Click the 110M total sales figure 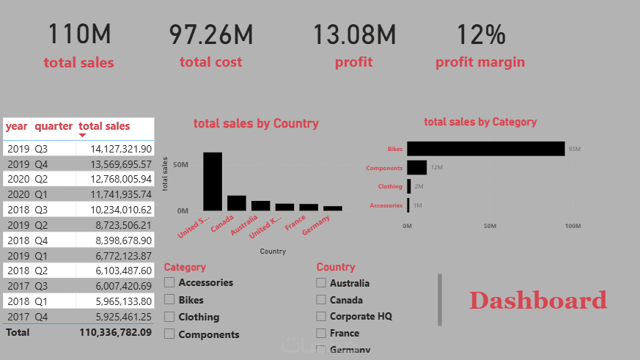[x=79, y=34]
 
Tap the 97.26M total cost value [x=211, y=34]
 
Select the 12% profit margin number [x=480, y=34]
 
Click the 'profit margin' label [x=480, y=62]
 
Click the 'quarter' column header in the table [x=54, y=126]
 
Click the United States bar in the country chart [x=213, y=181]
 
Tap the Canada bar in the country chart [x=237, y=203]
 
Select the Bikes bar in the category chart [x=485, y=149]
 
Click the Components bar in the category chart [x=417, y=167]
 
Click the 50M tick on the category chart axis [x=490, y=226]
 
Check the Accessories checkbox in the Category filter [x=169, y=282]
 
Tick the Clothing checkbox [x=169, y=317]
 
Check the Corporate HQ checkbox [x=321, y=317]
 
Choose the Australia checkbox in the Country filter [x=321, y=283]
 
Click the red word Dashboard [x=538, y=300]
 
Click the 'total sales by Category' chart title [x=480, y=122]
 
